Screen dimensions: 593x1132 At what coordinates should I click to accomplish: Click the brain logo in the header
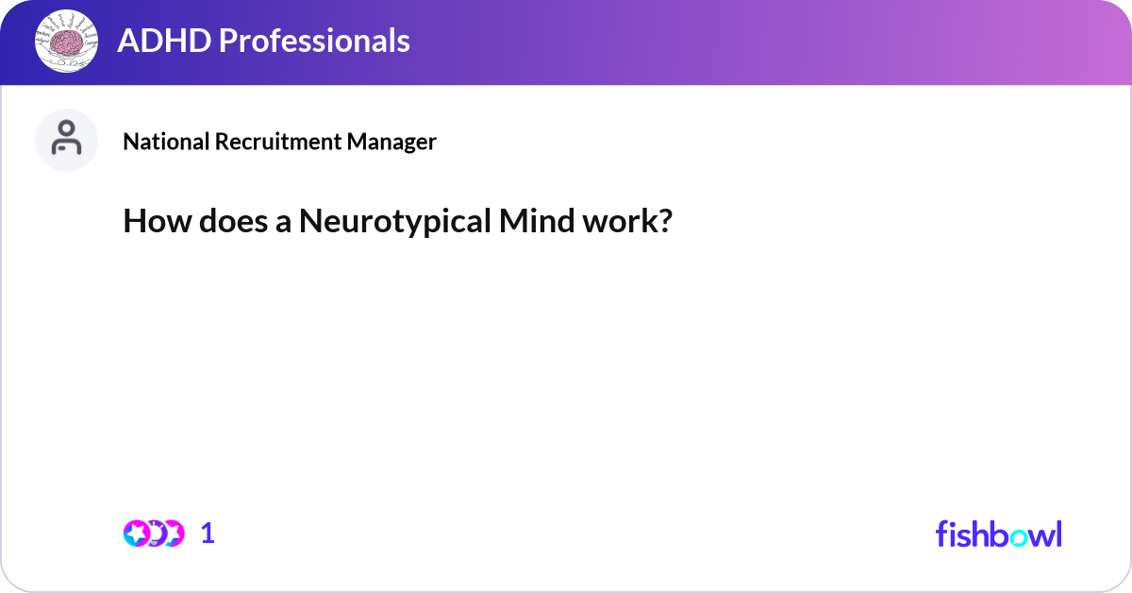click(66, 41)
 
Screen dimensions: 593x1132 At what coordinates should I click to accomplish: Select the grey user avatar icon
click(66, 140)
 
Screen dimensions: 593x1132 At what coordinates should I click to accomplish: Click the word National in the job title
click(166, 142)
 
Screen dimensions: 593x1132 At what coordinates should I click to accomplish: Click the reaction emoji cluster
click(154, 534)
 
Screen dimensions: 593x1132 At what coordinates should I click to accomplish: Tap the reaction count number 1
click(208, 534)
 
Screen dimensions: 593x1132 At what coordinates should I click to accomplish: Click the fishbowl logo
click(998, 534)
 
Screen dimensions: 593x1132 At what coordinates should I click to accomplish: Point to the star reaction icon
click(137, 534)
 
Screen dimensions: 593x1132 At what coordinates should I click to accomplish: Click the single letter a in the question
click(283, 224)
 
